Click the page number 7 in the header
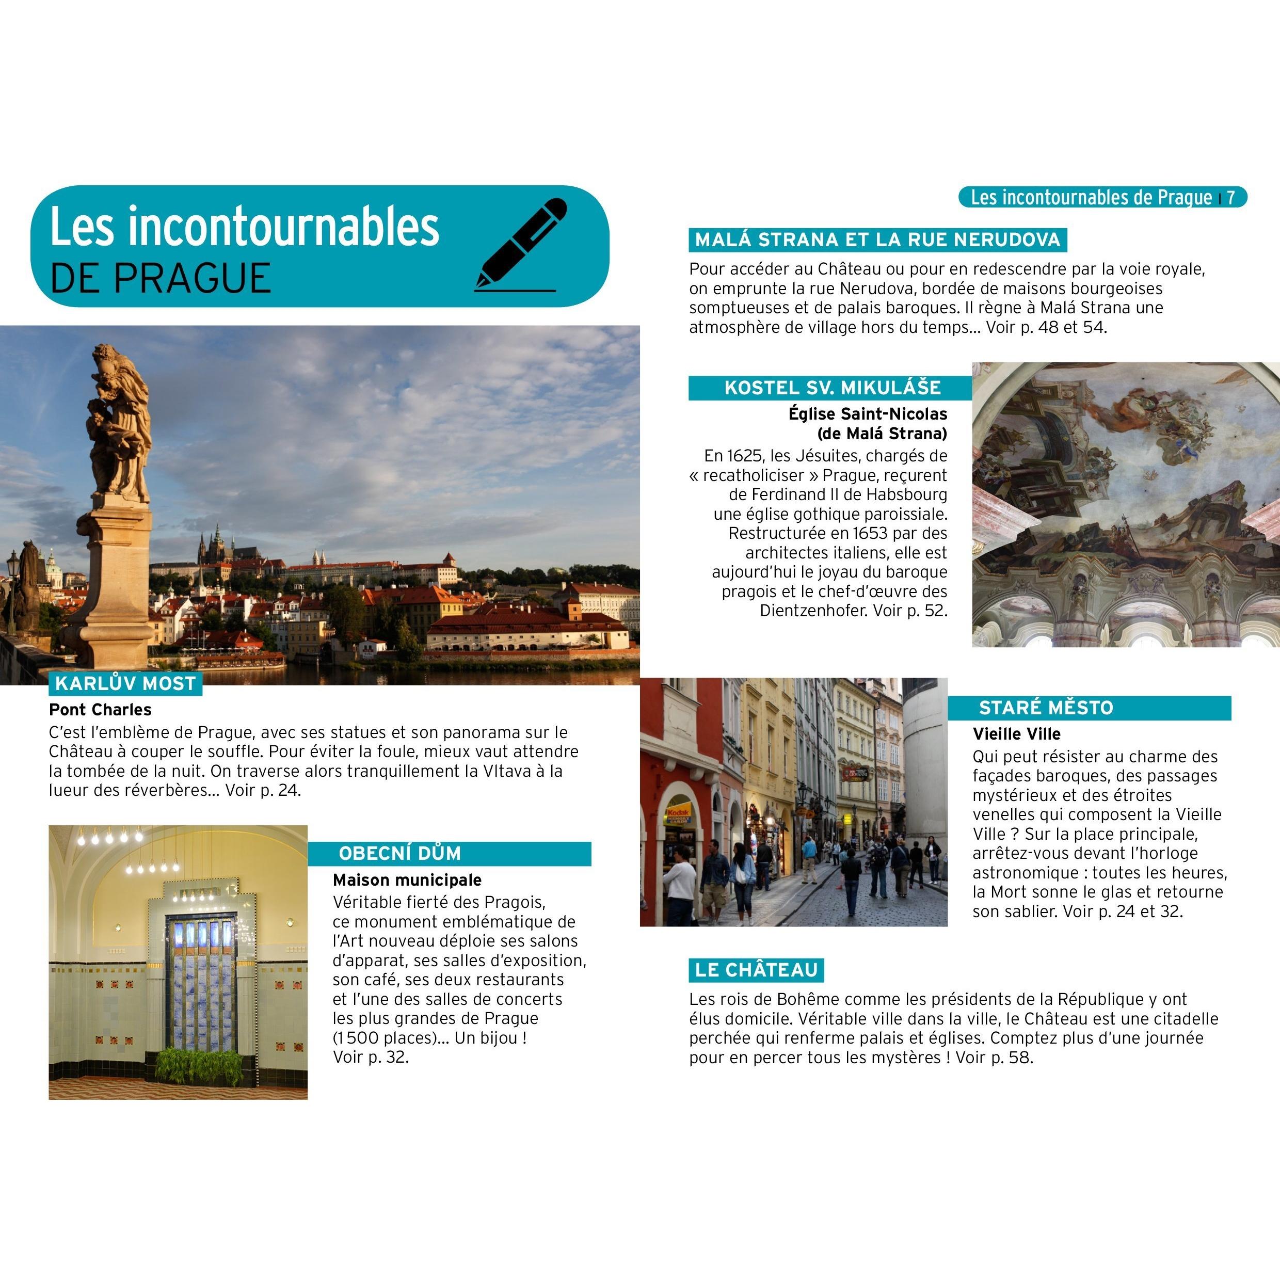pyautogui.click(x=1230, y=198)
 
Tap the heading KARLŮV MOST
pyautogui.click(x=125, y=684)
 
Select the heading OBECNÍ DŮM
pyautogui.click(x=399, y=853)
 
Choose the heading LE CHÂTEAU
pyautogui.click(x=756, y=970)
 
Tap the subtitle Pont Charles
pyautogui.click(x=100, y=710)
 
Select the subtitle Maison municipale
pyautogui.click(x=407, y=880)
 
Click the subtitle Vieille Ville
pyautogui.click(x=1016, y=734)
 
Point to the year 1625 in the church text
pyautogui.click(x=745, y=456)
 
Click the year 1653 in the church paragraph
pyautogui.click(x=871, y=533)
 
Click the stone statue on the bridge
pyautogui.click(x=119, y=424)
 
